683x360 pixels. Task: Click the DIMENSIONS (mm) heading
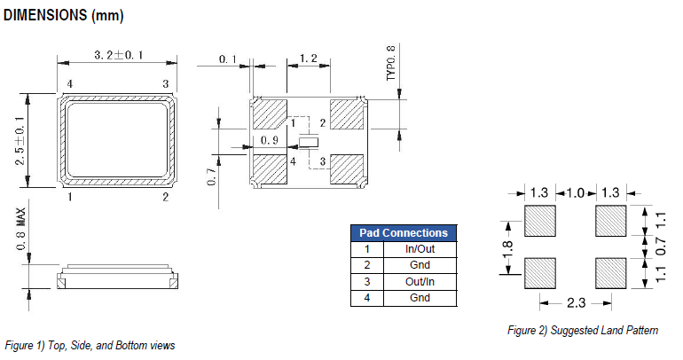click(64, 15)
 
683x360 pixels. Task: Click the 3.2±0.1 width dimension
click(119, 56)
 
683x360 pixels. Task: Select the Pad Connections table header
click(404, 232)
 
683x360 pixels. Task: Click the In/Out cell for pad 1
click(420, 249)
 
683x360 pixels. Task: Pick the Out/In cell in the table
click(420, 281)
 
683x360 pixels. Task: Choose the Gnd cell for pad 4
click(420, 297)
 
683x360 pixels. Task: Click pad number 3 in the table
click(365, 281)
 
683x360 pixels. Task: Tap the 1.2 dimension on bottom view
click(309, 58)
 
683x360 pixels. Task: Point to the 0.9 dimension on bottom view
click(271, 141)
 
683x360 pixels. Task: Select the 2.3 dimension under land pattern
click(576, 303)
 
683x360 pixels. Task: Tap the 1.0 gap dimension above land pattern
click(576, 192)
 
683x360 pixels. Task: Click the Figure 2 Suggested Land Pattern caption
click(582, 331)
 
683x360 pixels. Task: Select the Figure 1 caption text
click(90, 345)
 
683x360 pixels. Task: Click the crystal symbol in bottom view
click(309, 142)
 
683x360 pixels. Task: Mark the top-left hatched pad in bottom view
click(270, 114)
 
